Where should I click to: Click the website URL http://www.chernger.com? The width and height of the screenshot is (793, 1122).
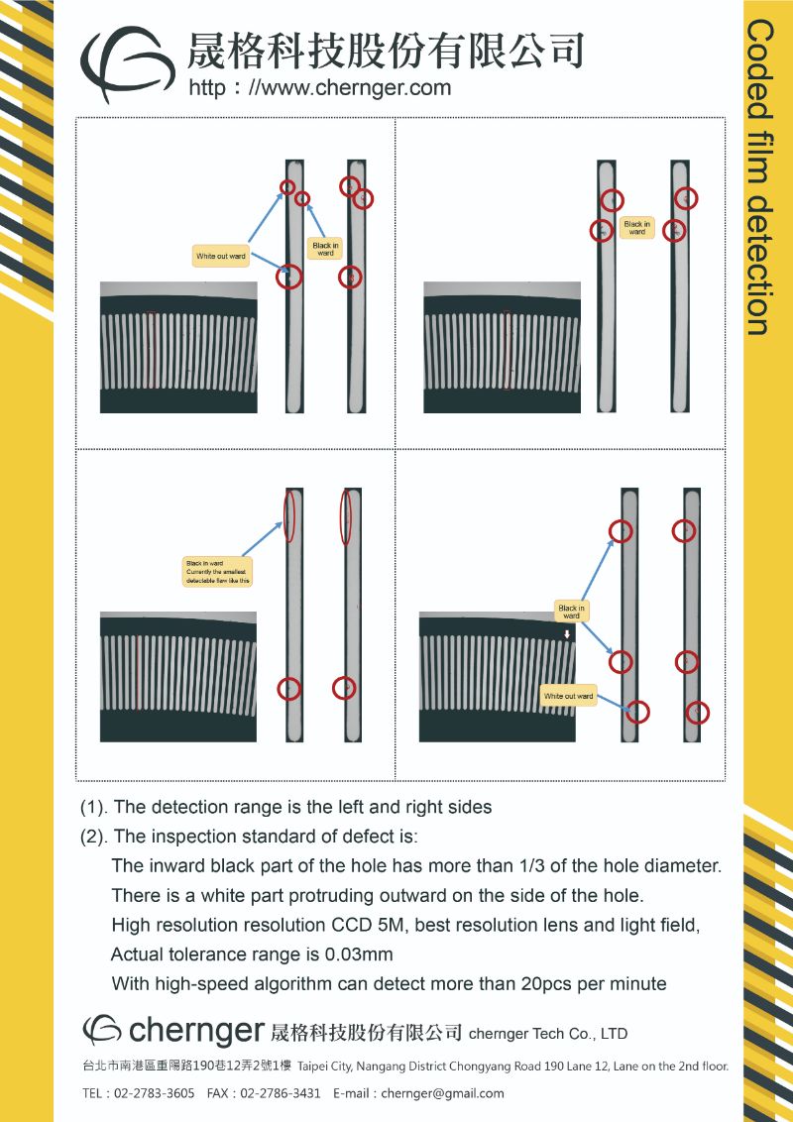[x=319, y=87]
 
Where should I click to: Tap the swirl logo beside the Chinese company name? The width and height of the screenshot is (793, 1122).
[x=123, y=64]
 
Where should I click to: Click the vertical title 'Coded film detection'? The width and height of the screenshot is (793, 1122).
[x=760, y=178]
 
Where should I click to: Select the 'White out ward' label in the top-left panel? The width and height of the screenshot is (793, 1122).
[x=221, y=256]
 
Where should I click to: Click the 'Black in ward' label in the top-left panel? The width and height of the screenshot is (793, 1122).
[x=325, y=249]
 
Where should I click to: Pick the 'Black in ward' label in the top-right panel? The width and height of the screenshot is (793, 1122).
[x=636, y=228]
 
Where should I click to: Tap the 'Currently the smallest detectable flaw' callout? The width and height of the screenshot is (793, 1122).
[x=218, y=572]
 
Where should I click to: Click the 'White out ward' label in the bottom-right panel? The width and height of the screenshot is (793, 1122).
[x=568, y=696]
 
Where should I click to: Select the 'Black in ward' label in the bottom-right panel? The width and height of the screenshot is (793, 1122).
[x=571, y=612]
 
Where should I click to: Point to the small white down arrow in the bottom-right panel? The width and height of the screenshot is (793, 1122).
[x=567, y=634]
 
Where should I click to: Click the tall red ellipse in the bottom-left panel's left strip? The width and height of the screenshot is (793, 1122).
[x=289, y=515]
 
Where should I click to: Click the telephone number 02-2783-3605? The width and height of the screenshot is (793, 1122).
[x=154, y=1093]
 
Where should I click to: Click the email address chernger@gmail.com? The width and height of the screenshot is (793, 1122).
[x=442, y=1093]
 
